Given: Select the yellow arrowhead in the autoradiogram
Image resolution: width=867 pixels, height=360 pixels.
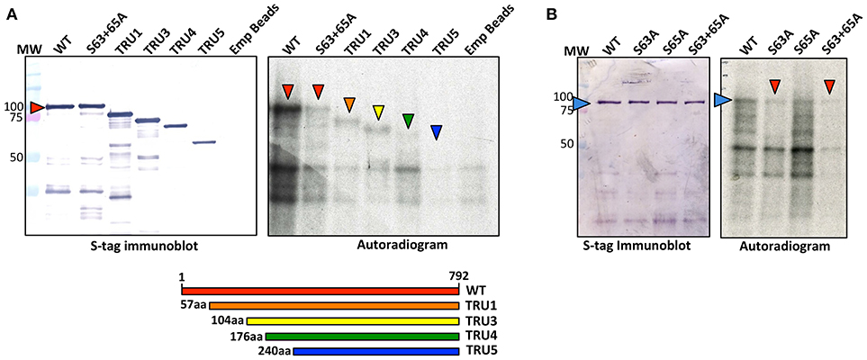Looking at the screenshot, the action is pyautogui.click(x=379, y=112).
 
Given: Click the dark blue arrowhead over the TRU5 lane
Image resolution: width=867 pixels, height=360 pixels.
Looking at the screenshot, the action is pyautogui.click(x=437, y=132).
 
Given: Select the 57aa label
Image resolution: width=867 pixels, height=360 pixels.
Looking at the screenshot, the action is pyautogui.click(x=193, y=306).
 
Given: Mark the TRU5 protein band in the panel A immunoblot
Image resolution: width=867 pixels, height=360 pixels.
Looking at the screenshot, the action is pyautogui.click(x=203, y=141).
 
